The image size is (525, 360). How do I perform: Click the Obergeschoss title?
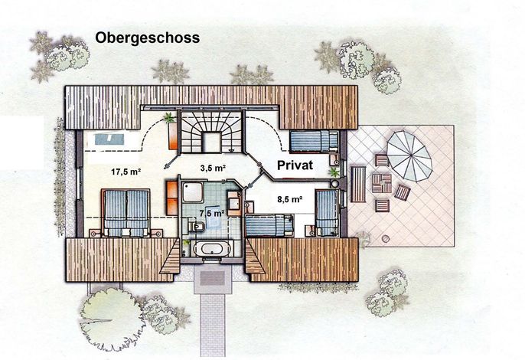point(147,38)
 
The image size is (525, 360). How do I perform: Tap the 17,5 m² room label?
point(126,172)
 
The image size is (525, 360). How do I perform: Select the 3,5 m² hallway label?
point(213,168)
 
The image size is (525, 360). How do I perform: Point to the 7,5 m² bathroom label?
point(212,213)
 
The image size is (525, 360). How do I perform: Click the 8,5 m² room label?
point(290,199)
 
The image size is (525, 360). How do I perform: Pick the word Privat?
point(295,165)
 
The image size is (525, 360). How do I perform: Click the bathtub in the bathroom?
point(211,249)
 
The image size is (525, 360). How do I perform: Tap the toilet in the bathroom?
point(196,226)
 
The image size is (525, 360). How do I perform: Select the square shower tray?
point(193,191)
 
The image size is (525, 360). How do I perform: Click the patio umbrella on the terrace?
point(409,155)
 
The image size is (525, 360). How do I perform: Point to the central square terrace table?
point(382,183)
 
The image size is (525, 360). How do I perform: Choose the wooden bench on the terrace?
point(358,185)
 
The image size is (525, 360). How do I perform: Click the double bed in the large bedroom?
point(126,213)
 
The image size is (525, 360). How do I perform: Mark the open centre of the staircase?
point(211,142)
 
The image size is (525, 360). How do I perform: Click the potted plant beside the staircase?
point(169,118)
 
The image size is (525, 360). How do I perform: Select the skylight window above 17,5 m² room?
point(110,139)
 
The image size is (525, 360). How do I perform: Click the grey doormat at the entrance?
point(212,278)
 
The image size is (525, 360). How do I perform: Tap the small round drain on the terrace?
point(386,239)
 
